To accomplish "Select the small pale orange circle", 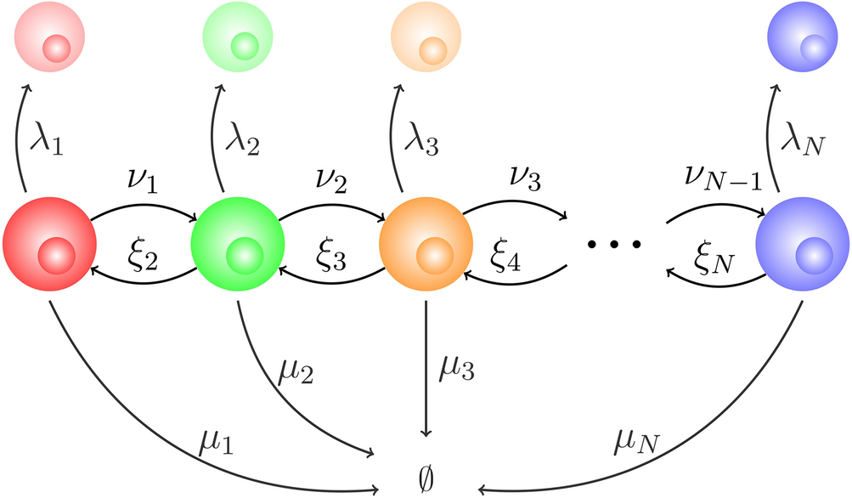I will pos(426,40).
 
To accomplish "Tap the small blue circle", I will pos(802,40).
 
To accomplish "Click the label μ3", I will pos(457,372).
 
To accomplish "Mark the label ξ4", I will pos(507,253).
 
